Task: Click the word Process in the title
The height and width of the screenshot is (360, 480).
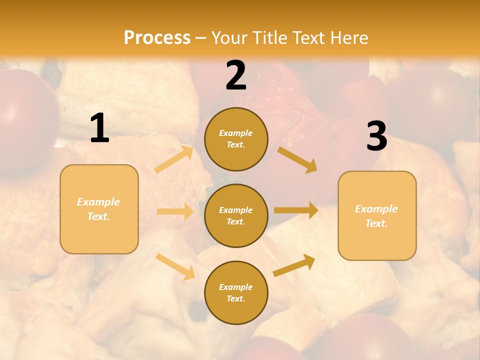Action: [157, 38]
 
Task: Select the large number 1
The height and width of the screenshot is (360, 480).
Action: [99, 128]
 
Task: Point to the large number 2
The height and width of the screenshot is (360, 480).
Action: [236, 75]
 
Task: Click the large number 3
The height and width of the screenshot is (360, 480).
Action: [377, 136]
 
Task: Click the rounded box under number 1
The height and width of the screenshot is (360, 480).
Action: [99, 209]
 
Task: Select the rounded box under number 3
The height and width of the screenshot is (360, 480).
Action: [377, 216]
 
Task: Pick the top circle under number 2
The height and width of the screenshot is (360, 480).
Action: [236, 139]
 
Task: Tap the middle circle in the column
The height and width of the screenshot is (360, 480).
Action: [236, 215]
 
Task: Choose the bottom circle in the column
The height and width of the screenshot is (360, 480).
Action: [236, 292]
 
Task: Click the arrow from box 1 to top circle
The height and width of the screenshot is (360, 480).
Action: [174, 159]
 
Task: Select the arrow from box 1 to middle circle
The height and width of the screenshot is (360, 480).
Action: [175, 211]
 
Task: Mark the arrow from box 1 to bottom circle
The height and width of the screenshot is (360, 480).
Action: [175, 266]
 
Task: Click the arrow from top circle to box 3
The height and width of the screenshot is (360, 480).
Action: [297, 159]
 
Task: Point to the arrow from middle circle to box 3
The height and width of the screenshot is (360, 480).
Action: [296, 210]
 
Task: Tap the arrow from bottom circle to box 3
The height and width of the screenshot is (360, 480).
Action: [294, 265]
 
